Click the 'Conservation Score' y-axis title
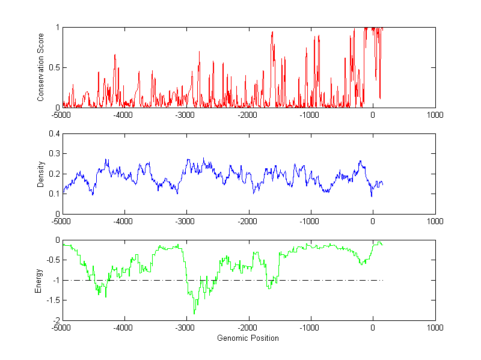point(41,67)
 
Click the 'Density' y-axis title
point(41,174)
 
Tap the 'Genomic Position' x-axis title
point(248,338)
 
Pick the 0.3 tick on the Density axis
point(54,154)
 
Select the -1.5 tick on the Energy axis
point(52,301)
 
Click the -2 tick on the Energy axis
point(56,320)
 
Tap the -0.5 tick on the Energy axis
point(52,260)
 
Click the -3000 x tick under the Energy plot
point(186,328)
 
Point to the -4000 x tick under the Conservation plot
point(124,114)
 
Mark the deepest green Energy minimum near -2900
point(194,314)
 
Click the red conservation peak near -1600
point(272,32)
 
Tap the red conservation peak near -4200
point(115,55)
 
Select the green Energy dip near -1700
point(268,289)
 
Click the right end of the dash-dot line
point(382,280)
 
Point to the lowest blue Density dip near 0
point(372,196)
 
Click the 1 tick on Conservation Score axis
point(57,27)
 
